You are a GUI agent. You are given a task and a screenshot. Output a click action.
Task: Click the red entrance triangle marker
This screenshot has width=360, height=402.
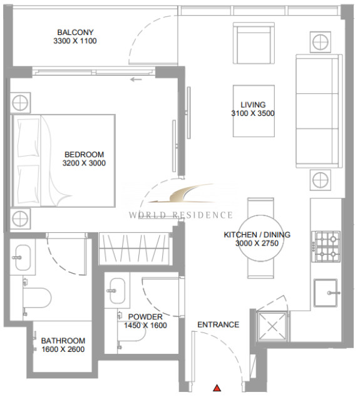click(x=217, y=388)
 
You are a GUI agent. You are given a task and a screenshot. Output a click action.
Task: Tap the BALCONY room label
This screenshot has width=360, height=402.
click(x=75, y=33)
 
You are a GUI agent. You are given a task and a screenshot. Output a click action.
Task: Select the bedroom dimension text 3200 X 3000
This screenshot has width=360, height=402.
click(x=84, y=163)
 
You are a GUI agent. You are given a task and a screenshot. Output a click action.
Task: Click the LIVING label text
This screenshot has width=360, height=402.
click(x=253, y=105)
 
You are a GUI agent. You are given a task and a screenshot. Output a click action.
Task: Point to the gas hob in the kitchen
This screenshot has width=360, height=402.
click(x=326, y=246)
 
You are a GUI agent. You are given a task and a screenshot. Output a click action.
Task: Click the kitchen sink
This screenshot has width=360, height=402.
click(x=326, y=293)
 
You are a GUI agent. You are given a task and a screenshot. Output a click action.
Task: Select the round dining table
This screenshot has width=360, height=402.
click(x=261, y=238)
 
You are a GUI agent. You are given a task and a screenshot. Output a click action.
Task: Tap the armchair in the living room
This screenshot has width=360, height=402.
click(x=254, y=43)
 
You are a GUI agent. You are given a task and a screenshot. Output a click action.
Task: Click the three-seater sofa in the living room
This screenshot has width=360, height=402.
click(x=319, y=111)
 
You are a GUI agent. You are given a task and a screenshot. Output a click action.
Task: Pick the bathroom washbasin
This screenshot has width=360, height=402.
click(x=23, y=257)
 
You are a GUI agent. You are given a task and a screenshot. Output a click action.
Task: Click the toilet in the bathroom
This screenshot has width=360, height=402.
click(x=37, y=297)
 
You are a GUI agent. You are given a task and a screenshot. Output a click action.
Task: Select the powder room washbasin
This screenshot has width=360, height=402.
click(x=117, y=291)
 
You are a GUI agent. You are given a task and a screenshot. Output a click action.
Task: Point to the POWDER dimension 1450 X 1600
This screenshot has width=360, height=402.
click(x=145, y=326)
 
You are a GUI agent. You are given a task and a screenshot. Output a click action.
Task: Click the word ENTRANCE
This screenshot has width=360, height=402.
click(x=219, y=324)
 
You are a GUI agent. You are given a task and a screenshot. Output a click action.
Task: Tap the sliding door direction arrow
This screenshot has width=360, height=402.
click(x=136, y=80)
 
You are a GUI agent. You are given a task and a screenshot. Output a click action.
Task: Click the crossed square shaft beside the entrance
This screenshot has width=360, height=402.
click(x=272, y=326)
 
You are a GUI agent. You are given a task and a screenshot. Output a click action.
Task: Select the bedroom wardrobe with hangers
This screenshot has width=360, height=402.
click(x=134, y=249)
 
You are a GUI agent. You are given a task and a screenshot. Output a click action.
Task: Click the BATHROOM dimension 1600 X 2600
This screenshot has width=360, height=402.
click(x=63, y=349)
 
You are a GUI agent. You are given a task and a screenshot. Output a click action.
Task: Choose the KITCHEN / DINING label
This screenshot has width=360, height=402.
click(x=257, y=235)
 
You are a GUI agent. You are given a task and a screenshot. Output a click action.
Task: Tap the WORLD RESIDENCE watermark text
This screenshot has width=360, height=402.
click(x=181, y=215)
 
